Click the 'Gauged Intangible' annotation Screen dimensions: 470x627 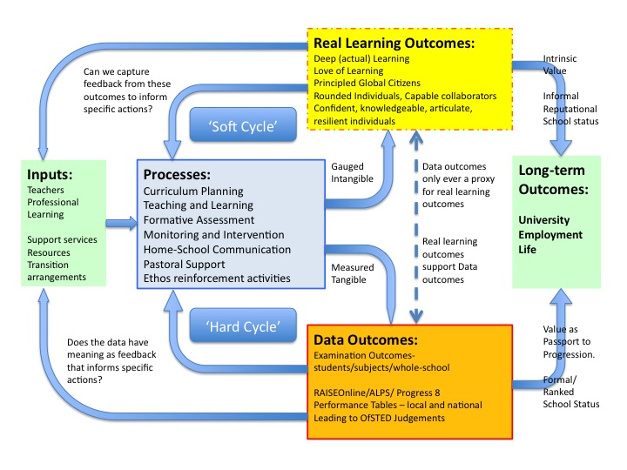[353, 171]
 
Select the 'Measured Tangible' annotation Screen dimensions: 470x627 [353, 274]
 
